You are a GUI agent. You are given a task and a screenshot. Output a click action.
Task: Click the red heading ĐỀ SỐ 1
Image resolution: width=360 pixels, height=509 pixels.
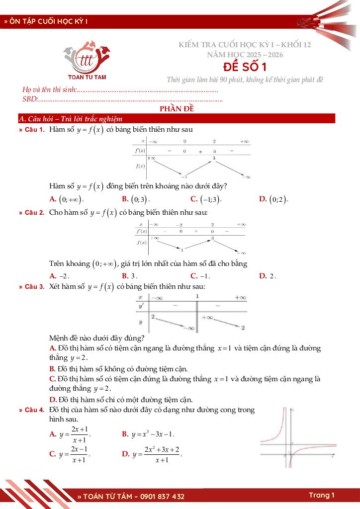pyautogui.click(x=244, y=67)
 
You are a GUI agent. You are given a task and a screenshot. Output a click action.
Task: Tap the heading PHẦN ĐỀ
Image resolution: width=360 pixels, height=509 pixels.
pyautogui.click(x=177, y=109)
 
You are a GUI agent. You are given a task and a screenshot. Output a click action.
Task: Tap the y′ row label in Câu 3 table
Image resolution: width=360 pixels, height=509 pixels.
pyautogui.click(x=142, y=307)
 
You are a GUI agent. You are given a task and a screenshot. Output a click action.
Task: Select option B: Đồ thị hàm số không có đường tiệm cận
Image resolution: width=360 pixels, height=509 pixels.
pyautogui.click(x=119, y=369)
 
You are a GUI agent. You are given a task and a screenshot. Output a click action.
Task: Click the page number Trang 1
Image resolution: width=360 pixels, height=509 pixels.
pyautogui.click(x=322, y=495)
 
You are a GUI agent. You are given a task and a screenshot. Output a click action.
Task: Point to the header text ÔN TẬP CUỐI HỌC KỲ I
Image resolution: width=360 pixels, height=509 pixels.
pyautogui.click(x=48, y=22)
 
